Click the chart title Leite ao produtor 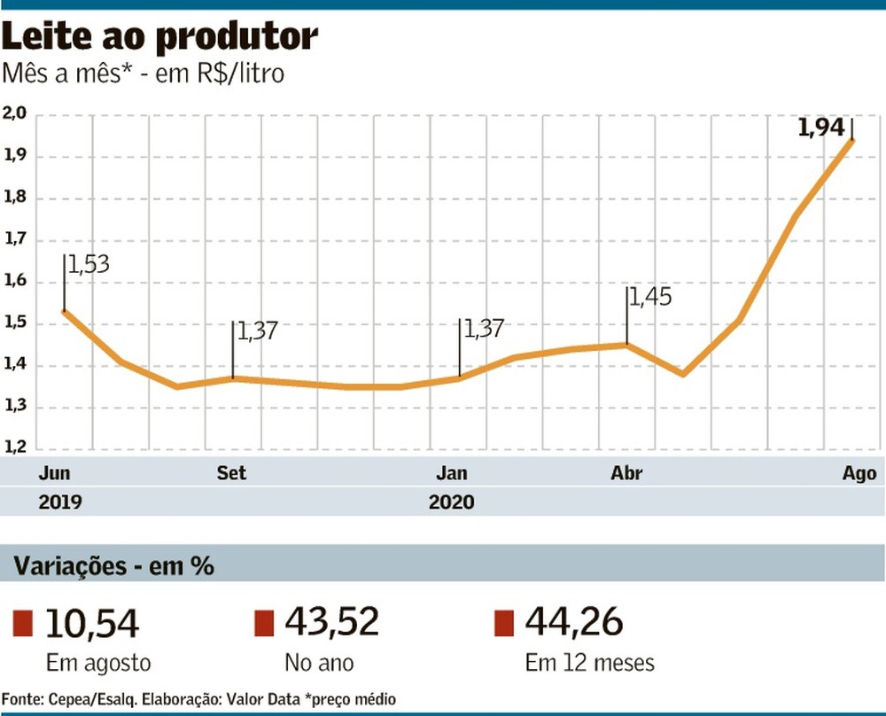pyautogui.click(x=160, y=37)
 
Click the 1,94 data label pyautogui.click(x=821, y=128)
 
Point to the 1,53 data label pyautogui.click(x=88, y=263)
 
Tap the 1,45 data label pyautogui.click(x=651, y=296)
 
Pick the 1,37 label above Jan pyautogui.click(x=483, y=328)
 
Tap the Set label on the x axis pyautogui.click(x=231, y=473)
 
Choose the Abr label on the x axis pyautogui.click(x=627, y=473)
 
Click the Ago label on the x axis pyautogui.click(x=859, y=473)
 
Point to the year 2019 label pyautogui.click(x=60, y=502)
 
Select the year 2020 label pyautogui.click(x=452, y=502)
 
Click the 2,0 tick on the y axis pyautogui.click(x=15, y=114)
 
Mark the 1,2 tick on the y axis pyautogui.click(x=15, y=448)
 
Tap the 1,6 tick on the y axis pyautogui.click(x=15, y=282)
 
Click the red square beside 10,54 pyautogui.click(x=23, y=623)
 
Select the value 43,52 pyautogui.click(x=331, y=622)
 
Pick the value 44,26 pyautogui.click(x=572, y=622)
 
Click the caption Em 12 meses pyautogui.click(x=589, y=663)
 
